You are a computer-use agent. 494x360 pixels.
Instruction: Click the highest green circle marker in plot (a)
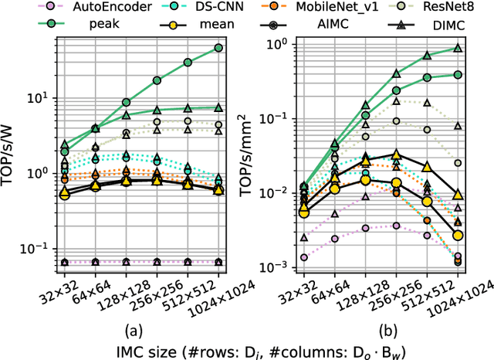click(218, 48)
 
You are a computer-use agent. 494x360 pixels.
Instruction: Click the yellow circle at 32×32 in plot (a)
click(64, 195)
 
